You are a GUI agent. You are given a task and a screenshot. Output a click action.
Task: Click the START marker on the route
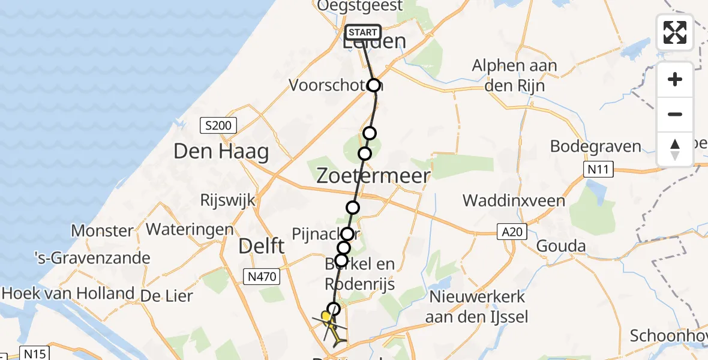pyautogui.click(x=363, y=32)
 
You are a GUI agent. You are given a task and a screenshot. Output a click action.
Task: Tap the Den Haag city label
pyautogui.click(x=221, y=151)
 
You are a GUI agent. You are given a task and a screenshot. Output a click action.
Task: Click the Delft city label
pyautogui.click(x=261, y=245)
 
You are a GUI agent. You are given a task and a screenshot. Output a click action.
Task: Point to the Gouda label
pyautogui.click(x=560, y=246)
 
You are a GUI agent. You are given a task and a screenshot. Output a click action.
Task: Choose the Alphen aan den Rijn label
pyautogui.click(x=514, y=76)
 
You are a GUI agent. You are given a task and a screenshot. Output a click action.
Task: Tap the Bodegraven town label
pyautogui.click(x=596, y=146)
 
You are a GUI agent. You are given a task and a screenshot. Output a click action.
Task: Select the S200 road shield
pyautogui.click(x=218, y=125)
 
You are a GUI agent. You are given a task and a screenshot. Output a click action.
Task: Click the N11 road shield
pyautogui.click(x=598, y=170)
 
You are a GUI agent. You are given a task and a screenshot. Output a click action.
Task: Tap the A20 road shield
pyautogui.click(x=511, y=231)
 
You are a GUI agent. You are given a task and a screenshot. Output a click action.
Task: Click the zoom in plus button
pyautogui.click(x=675, y=79)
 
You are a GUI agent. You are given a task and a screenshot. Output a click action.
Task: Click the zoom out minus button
pyautogui.click(x=675, y=114)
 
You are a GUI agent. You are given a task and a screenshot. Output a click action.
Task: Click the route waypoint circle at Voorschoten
pyautogui.click(x=374, y=85)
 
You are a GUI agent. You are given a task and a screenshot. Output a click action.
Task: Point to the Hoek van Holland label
pyautogui.click(x=68, y=293)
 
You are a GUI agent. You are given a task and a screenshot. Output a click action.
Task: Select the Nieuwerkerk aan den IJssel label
pyautogui.click(x=477, y=306)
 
